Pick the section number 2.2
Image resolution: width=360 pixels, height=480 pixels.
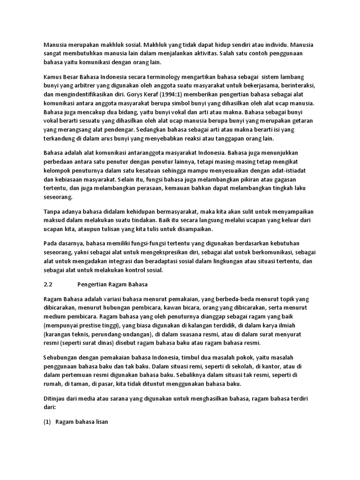point(48,284)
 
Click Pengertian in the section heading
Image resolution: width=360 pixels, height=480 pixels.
point(92,284)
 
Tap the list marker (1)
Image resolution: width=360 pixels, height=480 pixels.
point(47,421)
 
